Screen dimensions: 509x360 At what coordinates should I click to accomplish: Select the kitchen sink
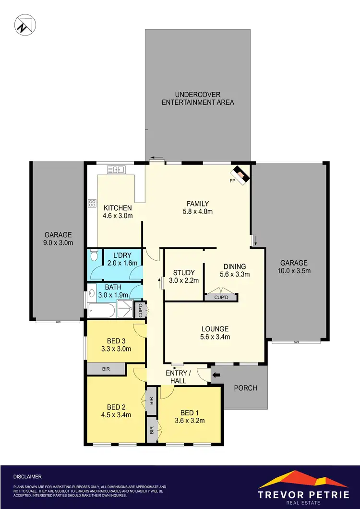[x=116, y=169]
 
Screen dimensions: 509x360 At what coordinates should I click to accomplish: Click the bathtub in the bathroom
[x=102, y=310]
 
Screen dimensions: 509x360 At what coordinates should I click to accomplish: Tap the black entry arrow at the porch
[x=216, y=375]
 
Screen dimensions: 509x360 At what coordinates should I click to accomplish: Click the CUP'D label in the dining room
[x=220, y=298]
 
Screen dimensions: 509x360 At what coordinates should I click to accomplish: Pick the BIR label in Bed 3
[x=106, y=369]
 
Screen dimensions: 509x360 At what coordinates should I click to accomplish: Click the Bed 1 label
[x=190, y=413]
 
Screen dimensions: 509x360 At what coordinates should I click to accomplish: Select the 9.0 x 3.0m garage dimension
[x=58, y=243]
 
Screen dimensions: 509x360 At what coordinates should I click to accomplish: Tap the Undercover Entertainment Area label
[x=198, y=98]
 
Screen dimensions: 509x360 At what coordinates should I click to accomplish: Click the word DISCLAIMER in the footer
[x=28, y=477]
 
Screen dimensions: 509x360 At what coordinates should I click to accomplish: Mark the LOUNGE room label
[x=215, y=329]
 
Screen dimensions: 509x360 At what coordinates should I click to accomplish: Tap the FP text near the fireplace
[x=232, y=181]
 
